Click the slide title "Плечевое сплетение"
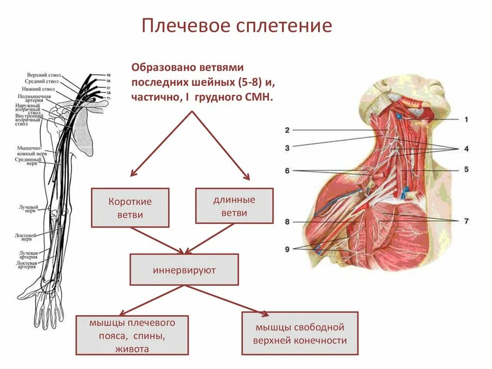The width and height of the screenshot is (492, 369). pos(236,26)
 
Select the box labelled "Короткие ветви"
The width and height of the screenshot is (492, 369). pos(130,207)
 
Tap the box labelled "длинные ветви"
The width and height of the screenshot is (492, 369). pos(234,206)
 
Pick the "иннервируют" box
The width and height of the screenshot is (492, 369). pos(184,270)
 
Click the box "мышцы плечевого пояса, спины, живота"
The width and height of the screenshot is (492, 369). pos(132,335)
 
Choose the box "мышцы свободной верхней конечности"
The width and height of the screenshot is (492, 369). pos(300,333)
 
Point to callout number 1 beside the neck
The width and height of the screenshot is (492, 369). pos(465,119)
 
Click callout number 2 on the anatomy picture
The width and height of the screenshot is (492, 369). pos(287,130)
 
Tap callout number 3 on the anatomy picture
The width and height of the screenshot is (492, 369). pos(287,148)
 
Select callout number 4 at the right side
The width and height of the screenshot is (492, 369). pos(466,149)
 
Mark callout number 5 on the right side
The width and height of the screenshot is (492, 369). pos(466,169)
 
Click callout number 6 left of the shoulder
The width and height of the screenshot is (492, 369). pos(287,170)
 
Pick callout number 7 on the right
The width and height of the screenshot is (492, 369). pos(466,221)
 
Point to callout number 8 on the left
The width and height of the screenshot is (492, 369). pos(287,222)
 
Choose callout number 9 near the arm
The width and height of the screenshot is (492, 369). pos(287,249)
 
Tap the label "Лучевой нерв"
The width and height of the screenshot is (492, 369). pos(28,209)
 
